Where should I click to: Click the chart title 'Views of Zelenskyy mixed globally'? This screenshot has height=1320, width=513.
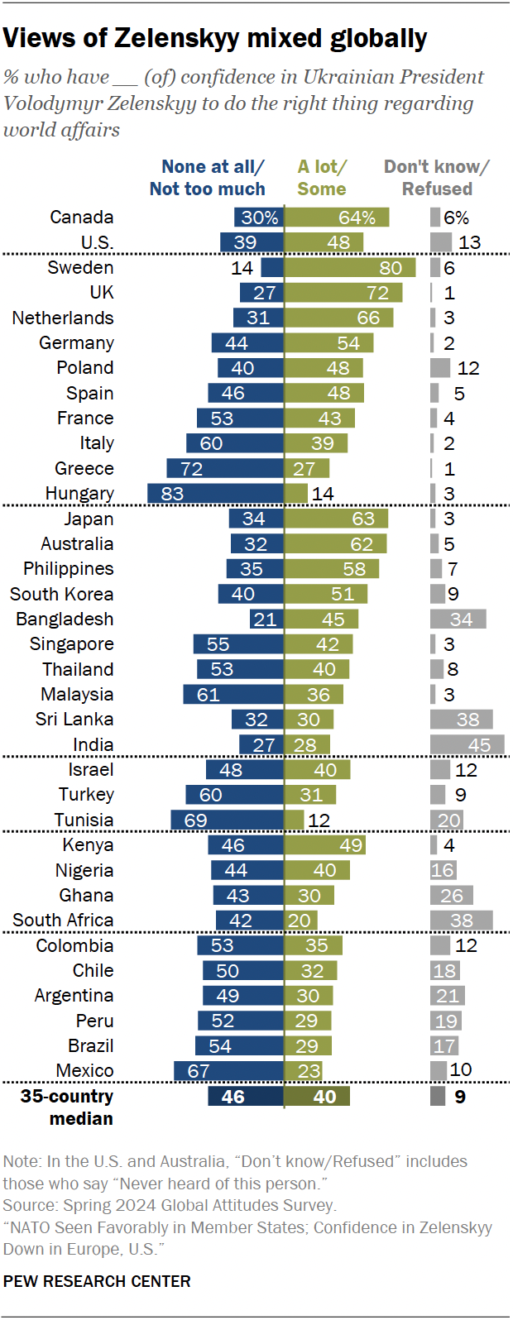[x=215, y=38]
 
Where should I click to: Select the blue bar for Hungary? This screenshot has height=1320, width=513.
[x=215, y=494]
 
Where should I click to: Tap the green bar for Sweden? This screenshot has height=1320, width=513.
[x=348, y=268]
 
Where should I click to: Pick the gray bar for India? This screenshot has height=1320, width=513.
[x=467, y=744]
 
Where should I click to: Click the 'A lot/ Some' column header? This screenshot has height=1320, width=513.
[x=322, y=178]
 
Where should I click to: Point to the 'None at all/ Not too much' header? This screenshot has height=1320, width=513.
[x=208, y=178]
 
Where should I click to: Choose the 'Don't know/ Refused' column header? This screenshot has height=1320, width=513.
[x=437, y=178]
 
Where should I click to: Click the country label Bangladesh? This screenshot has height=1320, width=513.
[x=65, y=619]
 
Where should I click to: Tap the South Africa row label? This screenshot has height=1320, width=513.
[x=63, y=921]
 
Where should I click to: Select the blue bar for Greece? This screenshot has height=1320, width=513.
[x=225, y=469]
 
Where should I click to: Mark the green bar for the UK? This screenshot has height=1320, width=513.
[x=343, y=293]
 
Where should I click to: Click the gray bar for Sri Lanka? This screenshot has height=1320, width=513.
[x=461, y=720]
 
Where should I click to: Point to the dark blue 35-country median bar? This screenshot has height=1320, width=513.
[x=245, y=1097]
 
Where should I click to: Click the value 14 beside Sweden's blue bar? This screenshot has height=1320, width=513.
[x=242, y=268]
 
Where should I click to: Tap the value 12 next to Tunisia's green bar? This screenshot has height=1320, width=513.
[x=319, y=820]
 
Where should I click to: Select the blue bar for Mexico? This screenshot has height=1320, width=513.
[x=228, y=1071]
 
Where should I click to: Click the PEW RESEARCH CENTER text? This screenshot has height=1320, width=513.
[x=97, y=1281]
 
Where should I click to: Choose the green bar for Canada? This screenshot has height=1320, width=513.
[x=337, y=218]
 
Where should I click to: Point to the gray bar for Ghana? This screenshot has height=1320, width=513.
[x=452, y=896]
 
